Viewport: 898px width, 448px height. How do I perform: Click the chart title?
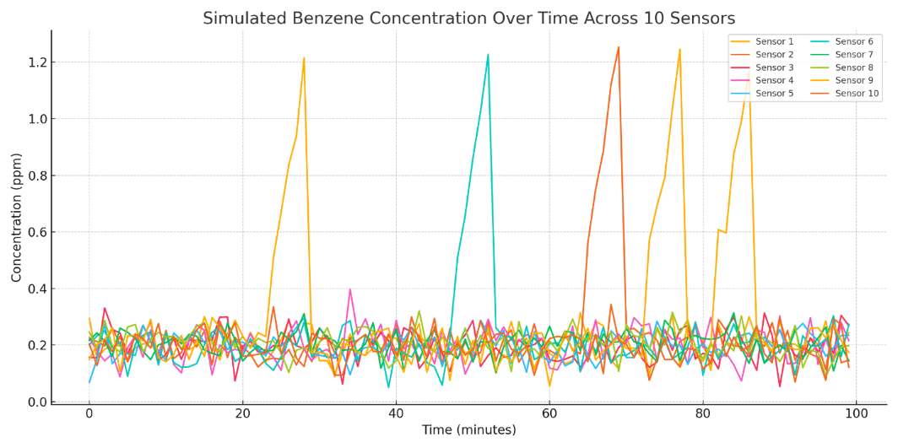coord(468,19)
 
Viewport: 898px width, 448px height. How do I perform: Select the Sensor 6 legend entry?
coord(853,41)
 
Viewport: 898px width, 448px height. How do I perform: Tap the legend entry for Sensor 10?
coord(856,93)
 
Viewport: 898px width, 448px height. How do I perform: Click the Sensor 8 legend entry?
coord(853,67)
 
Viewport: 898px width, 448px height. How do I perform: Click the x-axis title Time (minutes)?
coord(468,431)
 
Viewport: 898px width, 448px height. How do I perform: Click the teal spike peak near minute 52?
coord(488,55)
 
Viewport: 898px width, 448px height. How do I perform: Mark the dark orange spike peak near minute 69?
coord(619,47)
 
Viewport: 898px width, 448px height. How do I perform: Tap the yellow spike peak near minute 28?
coord(304,58)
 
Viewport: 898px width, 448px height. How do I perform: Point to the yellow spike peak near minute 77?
coord(679,49)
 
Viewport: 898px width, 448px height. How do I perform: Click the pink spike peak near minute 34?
coord(350,289)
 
